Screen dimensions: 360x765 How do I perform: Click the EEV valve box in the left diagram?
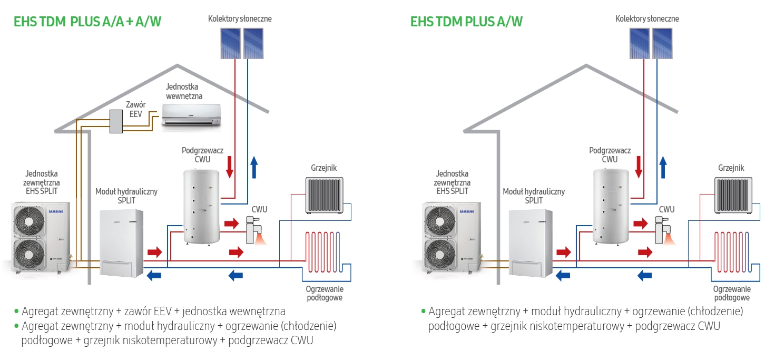pos(115,122)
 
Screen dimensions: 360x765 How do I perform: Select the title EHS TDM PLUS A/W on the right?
pos(466,22)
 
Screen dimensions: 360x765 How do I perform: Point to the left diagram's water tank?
pos(201,206)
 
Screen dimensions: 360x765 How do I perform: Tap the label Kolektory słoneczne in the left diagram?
pos(240,19)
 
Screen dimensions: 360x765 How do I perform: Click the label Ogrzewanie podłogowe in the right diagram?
pos(732,293)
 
